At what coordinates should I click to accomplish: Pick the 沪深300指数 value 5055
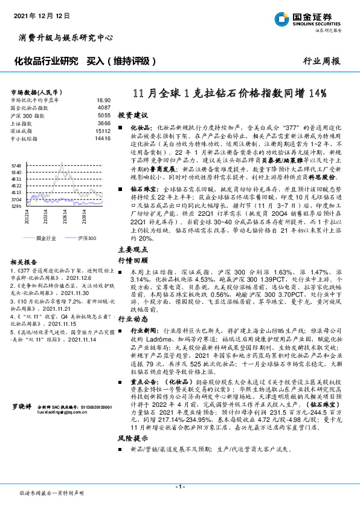click(x=104, y=115)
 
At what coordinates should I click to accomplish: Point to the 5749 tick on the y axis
click(x=16, y=165)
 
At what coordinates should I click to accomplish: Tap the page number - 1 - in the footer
click(x=179, y=487)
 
